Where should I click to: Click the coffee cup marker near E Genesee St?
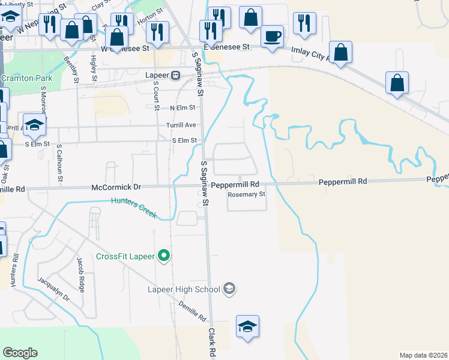pos(273,37)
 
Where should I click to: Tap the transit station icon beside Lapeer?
pos(176,76)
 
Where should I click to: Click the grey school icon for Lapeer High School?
pos(229,290)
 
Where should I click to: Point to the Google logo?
pos(20,353)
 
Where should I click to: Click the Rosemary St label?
pos(246,194)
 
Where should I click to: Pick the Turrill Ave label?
pos(181,125)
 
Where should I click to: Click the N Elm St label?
pos(182,107)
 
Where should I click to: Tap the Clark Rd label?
pos(212,343)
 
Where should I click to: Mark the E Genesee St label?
pos(226,47)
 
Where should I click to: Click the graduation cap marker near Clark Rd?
pos(247,327)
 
